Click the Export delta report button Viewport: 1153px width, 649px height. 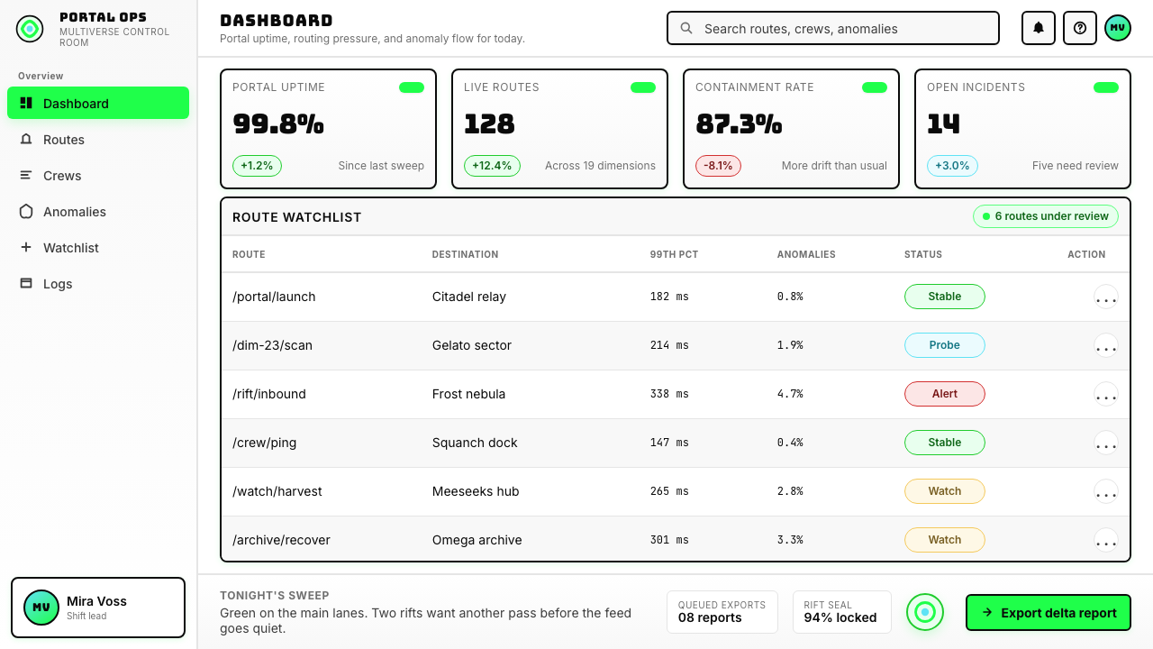(x=1048, y=612)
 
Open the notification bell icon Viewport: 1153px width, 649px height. (x=1039, y=28)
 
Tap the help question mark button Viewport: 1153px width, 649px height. (x=1080, y=28)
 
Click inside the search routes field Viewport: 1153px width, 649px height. (x=833, y=28)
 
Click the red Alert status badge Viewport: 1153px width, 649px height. (x=945, y=394)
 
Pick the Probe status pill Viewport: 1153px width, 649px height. (x=945, y=345)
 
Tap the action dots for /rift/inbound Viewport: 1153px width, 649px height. (x=1105, y=395)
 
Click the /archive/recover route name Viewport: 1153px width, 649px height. (x=281, y=540)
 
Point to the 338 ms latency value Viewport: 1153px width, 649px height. (x=669, y=394)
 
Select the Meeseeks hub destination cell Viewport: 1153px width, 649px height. (x=476, y=491)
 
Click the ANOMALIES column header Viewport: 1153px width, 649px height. (x=806, y=254)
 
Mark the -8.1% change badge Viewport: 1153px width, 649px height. (x=718, y=166)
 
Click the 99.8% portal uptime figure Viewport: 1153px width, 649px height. (x=278, y=124)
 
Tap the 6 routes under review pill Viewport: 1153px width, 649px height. (x=1046, y=216)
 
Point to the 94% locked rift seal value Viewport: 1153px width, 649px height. (x=840, y=617)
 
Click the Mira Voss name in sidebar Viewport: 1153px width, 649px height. (x=96, y=601)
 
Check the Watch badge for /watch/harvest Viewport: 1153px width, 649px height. (x=945, y=491)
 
